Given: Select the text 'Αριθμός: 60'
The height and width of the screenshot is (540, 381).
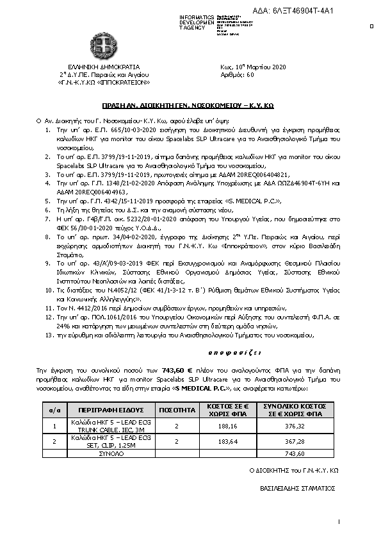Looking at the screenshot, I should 237,74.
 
